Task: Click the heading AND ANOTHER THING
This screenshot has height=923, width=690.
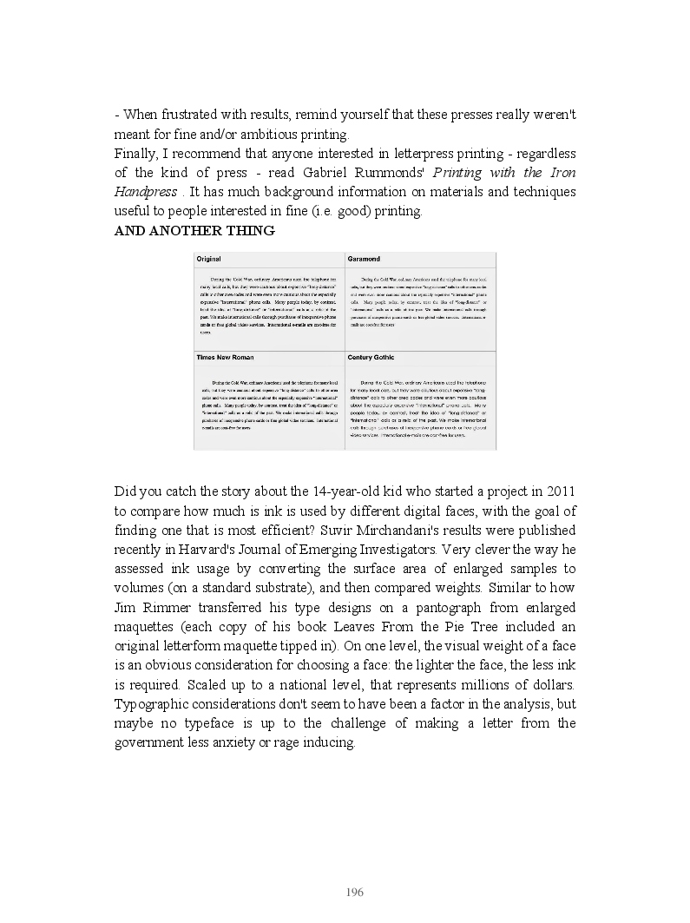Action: [194, 231]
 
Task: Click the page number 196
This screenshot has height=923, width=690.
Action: [354, 893]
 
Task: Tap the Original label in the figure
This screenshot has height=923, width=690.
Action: [208, 259]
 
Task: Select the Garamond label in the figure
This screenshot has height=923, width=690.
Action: [364, 259]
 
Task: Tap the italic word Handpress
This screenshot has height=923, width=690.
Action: [146, 192]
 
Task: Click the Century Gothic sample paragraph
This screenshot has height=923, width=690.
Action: [420, 409]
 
